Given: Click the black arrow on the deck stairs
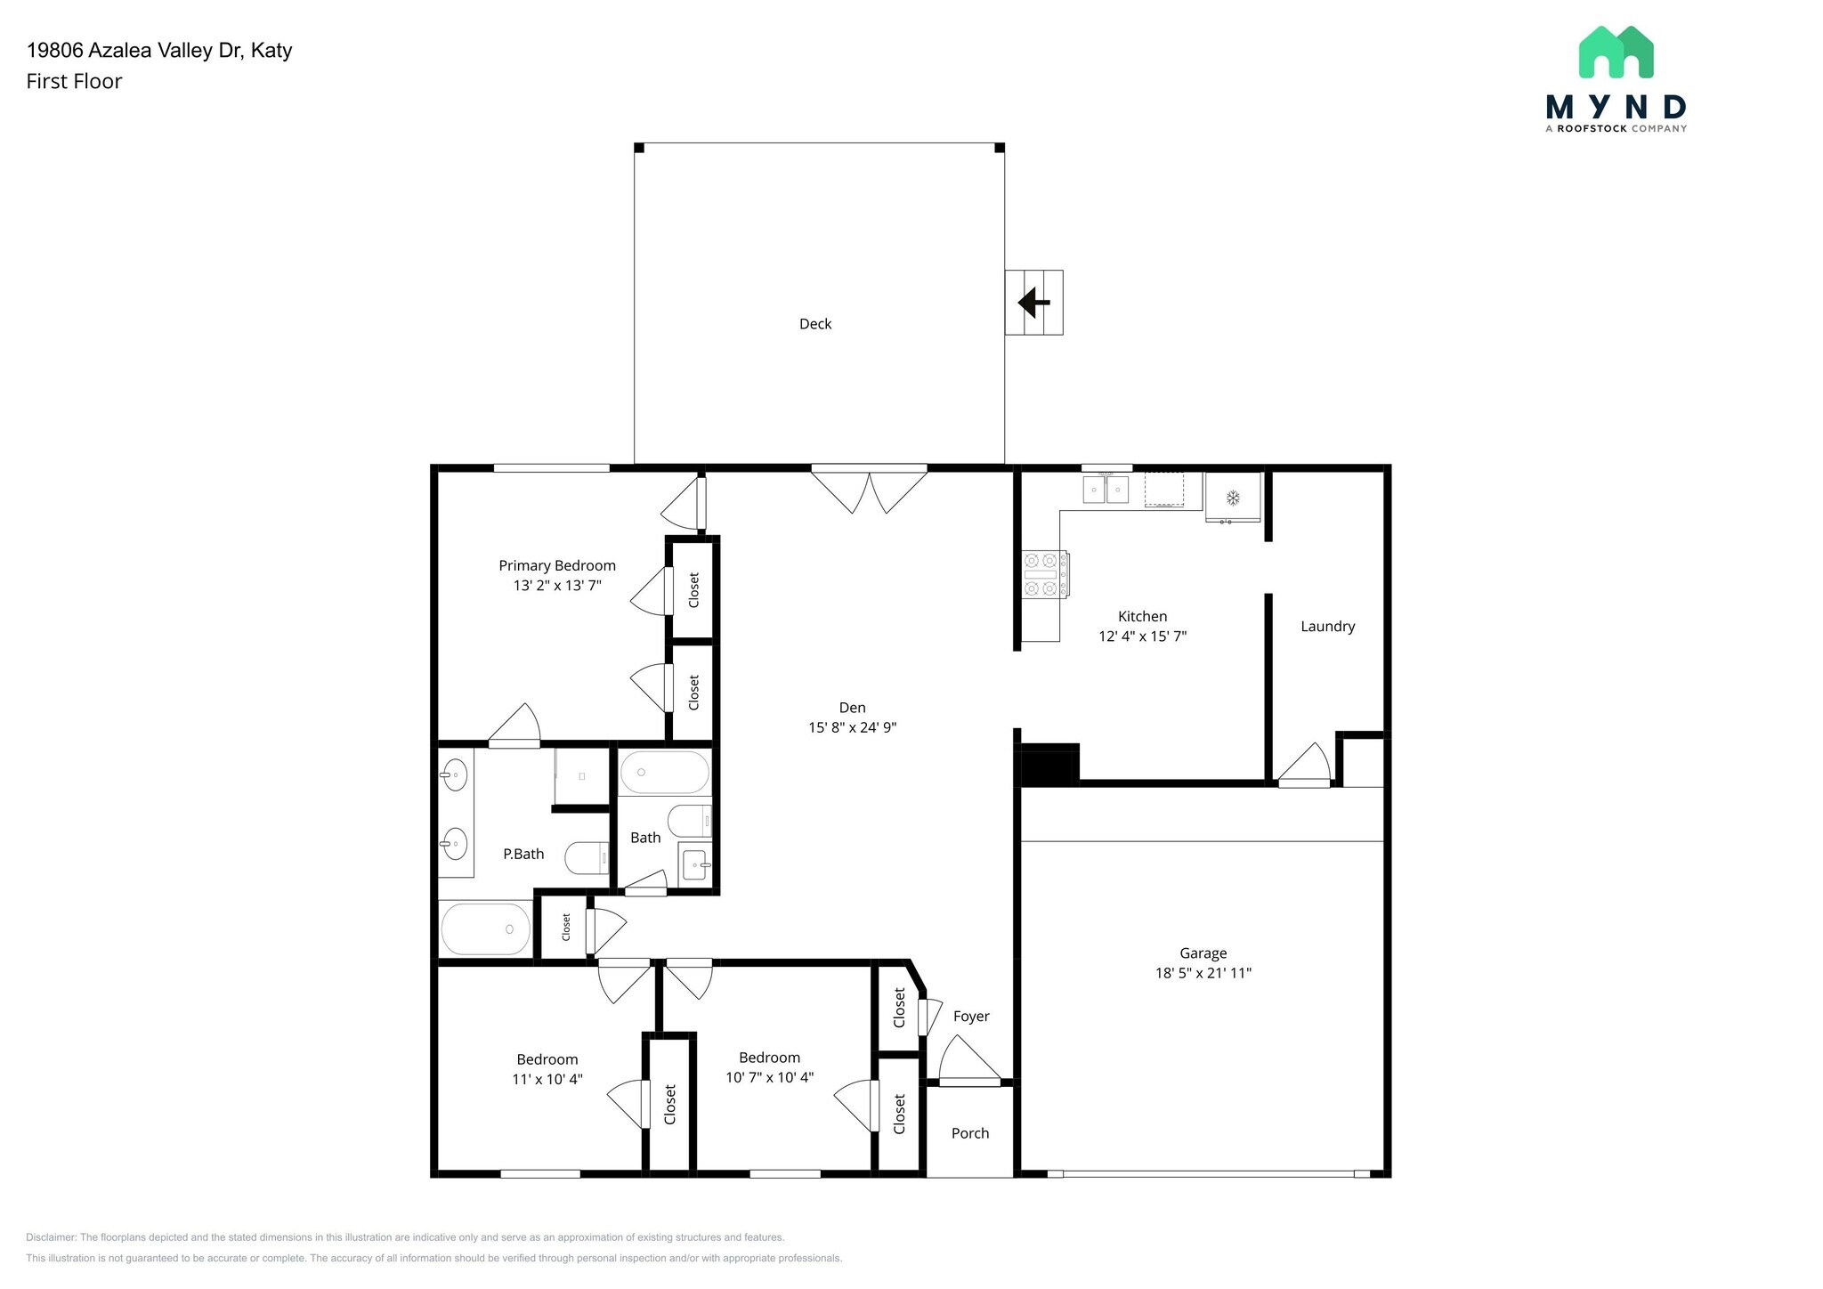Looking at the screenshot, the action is pyautogui.click(x=1033, y=303).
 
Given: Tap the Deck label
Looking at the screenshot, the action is pyautogui.click(x=815, y=324).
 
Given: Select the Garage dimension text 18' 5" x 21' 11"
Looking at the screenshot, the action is pyautogui.click(x=1203, y=973).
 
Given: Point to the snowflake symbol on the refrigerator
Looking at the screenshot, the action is pyautogui.click(x=1233, y=498).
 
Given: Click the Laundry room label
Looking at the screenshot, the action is pyautogui.click(x=1328, y=627).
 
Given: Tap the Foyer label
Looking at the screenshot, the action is pyautogui.click(x=971, y=1017).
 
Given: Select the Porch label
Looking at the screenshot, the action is pyautogui.click(x=970, y=1133).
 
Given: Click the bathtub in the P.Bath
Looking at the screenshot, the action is pyautogui.click(x=486, y=929).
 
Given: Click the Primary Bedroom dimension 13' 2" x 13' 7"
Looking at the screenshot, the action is pyautogui.click(x=557, y=586).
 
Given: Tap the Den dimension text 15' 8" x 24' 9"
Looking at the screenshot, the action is pyautogui.click(x=852, y=727).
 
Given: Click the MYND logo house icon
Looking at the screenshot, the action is pyautogui.click(x=1616, y=52).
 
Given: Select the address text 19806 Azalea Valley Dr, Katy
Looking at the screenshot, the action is pyautogui.click(x=159, y=50).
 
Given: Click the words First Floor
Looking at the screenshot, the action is pyautogui.click(x=74, y=81).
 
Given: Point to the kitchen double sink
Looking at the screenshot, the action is pyautogui.click(x=1106, y=490).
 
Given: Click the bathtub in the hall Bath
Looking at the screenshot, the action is pyautogui.click(x=665, y=773).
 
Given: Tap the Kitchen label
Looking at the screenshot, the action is pyautogui.click(x=1142, y=616).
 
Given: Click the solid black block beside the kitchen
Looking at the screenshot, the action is pyautogui.click(x=1049, y=765).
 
